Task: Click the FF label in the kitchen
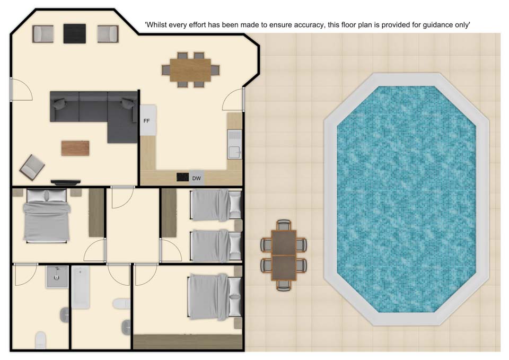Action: [146, 121]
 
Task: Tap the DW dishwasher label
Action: [196, 178]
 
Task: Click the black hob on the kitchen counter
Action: [182, 177]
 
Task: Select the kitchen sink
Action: [234, 144]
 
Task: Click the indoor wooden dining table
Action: [190, 70]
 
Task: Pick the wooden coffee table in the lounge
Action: [75, 148]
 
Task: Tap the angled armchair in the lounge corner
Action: [32, 168]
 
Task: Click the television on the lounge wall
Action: [66, 182]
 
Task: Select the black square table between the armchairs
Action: [75, 33]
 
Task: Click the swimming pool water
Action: [407, 199]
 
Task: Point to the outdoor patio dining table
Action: [284, 255]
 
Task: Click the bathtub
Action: [81, 287]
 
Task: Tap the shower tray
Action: [57, 277]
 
